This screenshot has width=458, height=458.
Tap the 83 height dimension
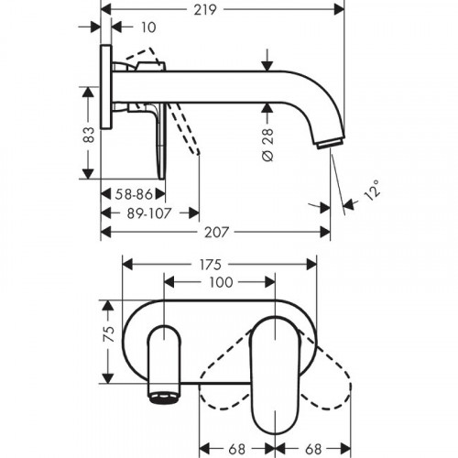tap(89, 135)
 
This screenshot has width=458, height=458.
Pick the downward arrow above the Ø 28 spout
tap(267, 67)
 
